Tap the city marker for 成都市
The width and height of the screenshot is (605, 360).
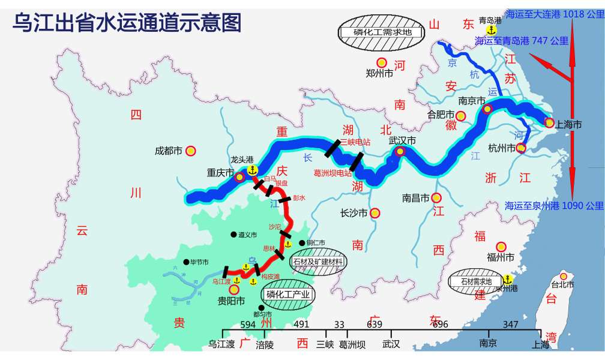pyautogui.click(x=191, y=151)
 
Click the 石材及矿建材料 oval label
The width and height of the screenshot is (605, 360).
pyautogui.click(x=318, y=262)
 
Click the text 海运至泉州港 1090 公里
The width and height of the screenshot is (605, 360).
pyautogui.click(x=554, y=205)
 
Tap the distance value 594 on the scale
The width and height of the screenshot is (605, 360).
pyautogui.click(x=247, y=325)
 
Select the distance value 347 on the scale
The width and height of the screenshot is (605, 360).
pyautogui.click(x=511, y=325)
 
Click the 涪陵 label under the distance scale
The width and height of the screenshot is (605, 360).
pyautogui.click(x=265, y=344)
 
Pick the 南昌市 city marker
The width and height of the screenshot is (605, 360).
pyautogui.click(x=436, y=197)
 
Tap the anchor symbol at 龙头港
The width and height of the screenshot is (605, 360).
pyautogui.click(x=252, y=170)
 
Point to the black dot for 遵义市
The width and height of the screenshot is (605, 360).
pyautogui.click(x=233, y=235)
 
